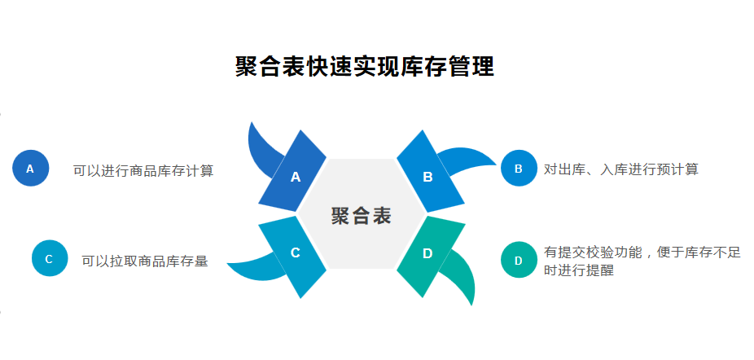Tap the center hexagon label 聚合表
tap(361, 216)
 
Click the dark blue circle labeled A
tap(30, 169)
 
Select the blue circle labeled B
tap(519, 169)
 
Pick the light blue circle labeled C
tap(49, 259)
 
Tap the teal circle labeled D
tap(519, 261)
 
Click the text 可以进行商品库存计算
tap(143, 170)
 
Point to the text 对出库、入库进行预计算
tap(620, 169)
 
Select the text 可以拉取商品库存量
tap(144, 261)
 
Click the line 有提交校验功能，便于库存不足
tap(642, 252)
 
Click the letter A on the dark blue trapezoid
tap(296, 176)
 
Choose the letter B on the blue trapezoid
tap(427, 176)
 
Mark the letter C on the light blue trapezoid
tap(296, 253)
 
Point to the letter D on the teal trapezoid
tap(427, 253)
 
